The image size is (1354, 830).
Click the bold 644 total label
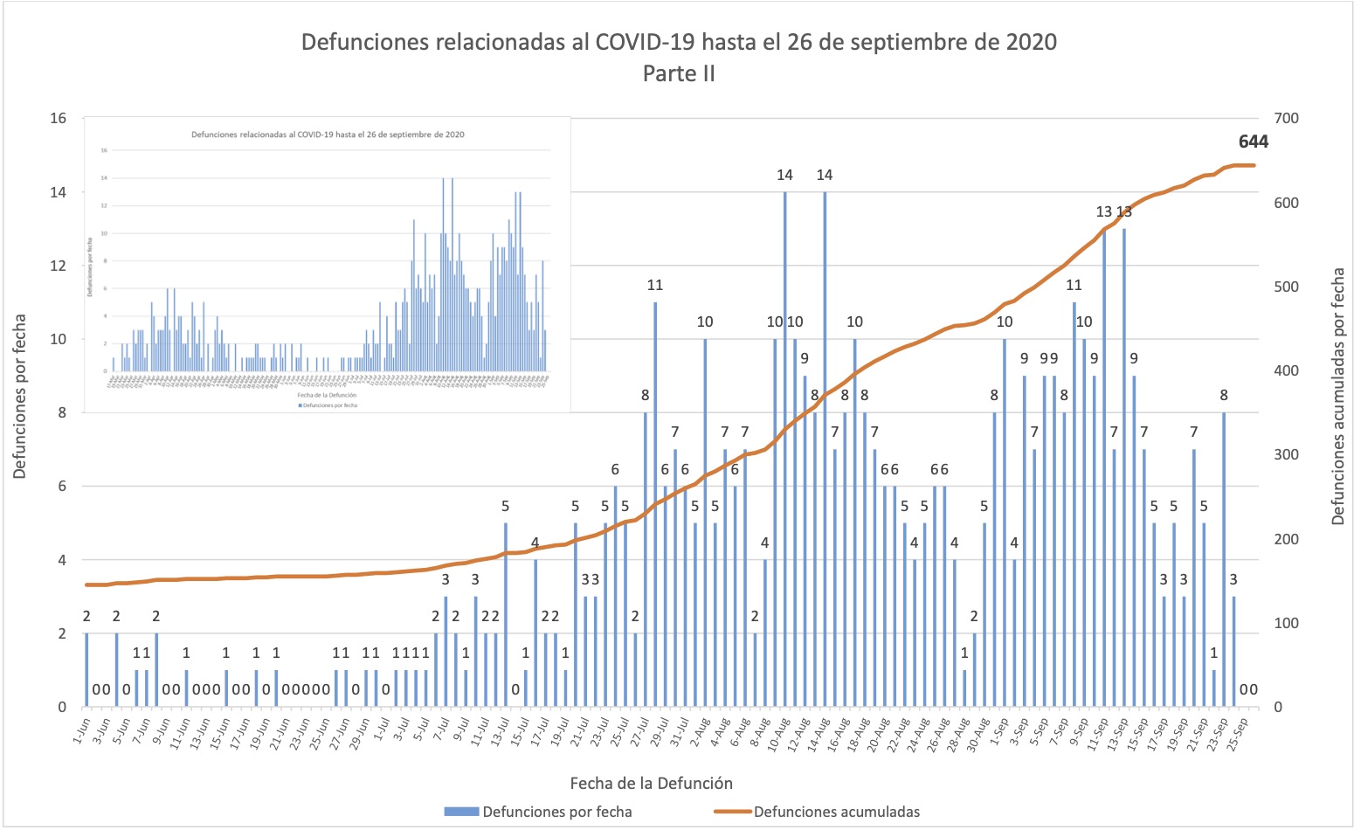pos(1253,142)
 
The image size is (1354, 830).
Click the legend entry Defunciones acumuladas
pos(836,812)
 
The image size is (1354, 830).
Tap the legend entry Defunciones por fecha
pos(556,812)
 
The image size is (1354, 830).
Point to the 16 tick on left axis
pos(58,119)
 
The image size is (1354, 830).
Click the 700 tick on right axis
pos(1287,119)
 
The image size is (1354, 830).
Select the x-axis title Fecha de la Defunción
pos(651,783)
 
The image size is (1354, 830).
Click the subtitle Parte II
pos(679,74)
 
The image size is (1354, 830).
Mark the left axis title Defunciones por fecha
pos(19,396)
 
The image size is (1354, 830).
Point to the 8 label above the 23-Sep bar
pos(1224,396)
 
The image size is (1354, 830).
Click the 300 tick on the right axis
pos(1287,455)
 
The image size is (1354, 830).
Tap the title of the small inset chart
pos(328,135)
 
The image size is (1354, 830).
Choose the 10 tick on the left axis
pos(58,340)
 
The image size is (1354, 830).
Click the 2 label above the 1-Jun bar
pos(86,617)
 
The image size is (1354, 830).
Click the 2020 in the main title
pos(1029,42)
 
